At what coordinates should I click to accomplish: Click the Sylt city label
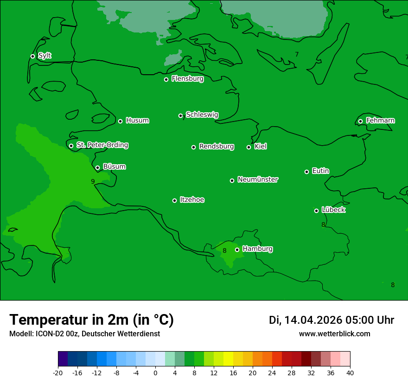45,56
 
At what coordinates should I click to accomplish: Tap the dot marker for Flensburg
166,79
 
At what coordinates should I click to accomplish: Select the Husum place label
137,121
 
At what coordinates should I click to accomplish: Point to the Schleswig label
202,115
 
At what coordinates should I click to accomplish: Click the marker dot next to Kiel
249,147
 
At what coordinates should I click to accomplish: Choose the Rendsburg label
217,147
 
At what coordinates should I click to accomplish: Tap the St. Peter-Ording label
102,145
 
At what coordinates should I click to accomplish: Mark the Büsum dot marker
97,167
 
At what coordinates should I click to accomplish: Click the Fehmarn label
380,121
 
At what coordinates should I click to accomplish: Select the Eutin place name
320,171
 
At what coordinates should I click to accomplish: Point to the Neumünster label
258,180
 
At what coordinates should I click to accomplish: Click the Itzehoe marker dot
174,200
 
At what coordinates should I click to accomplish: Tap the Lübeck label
333,210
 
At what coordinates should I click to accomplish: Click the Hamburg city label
257,249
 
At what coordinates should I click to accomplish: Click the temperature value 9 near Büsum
93,181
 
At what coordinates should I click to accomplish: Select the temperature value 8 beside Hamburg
224,251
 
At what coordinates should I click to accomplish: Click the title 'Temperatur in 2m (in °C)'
91,320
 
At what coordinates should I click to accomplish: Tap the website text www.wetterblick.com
334,334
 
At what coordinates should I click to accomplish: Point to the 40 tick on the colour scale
350,373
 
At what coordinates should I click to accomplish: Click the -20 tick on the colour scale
58,373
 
